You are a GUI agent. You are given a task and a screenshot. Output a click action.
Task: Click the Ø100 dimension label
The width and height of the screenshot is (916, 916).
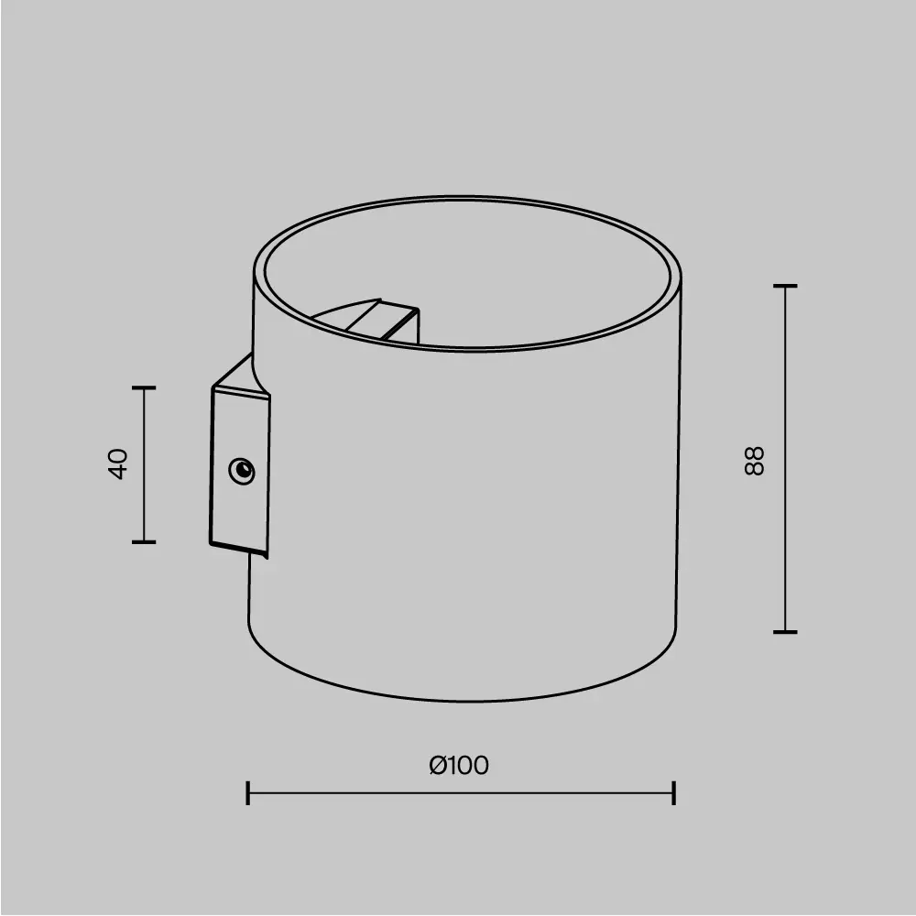460,765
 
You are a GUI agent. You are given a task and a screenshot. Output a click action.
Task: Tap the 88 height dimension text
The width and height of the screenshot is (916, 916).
754,460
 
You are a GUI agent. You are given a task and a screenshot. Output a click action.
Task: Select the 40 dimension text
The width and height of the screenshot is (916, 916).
118,463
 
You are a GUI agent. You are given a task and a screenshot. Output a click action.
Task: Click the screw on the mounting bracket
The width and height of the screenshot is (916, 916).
242,471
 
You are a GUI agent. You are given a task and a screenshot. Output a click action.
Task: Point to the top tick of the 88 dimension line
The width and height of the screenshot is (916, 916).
785,286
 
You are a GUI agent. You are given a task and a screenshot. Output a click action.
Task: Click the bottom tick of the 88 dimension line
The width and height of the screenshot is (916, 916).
785,632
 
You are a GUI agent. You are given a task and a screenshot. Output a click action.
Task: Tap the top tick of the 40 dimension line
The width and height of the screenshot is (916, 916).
144,387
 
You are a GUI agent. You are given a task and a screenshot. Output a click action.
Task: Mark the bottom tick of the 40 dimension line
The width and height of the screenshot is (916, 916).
144,541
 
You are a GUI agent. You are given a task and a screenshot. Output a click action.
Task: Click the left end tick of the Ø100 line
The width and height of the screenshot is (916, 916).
248,793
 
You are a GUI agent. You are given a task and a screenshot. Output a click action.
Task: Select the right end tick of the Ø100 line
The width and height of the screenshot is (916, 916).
674,793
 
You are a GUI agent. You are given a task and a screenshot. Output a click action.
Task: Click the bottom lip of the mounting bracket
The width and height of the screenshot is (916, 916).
240,549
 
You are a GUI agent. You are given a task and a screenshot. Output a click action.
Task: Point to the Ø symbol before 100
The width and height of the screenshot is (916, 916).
438,765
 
